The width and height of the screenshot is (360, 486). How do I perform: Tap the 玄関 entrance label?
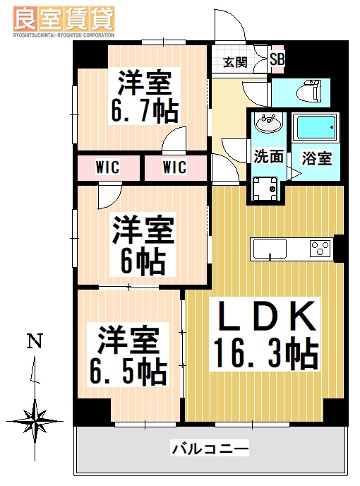[235, 61]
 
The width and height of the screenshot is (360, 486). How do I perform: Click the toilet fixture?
[308, 90]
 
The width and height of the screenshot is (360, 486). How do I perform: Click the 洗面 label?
[268, 157]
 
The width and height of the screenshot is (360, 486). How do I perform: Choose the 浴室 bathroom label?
[317, 158]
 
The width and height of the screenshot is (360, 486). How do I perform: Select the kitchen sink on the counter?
[269, 249]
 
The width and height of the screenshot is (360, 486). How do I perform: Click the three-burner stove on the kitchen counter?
[319, 249]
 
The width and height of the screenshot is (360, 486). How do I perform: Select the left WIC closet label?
[107, 167]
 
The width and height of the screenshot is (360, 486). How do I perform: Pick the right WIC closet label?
[174, 167]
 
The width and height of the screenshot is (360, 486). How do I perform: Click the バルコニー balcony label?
[210, 448]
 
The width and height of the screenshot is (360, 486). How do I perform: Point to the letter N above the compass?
[34, 342]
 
